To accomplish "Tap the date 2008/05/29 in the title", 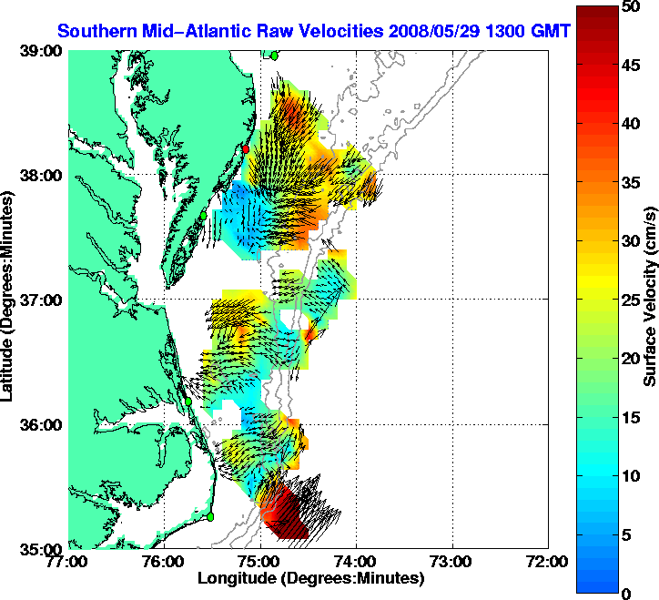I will pos(429,31).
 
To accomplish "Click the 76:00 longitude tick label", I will pos(164,561).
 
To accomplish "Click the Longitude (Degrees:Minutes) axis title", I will pos(310,577).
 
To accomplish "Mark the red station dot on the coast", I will pos(245,148).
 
